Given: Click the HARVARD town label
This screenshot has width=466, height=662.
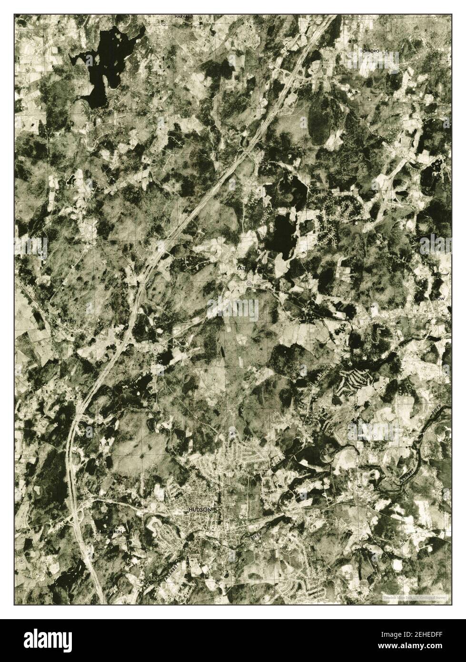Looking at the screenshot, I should pyautogui.click(x=183, y=16).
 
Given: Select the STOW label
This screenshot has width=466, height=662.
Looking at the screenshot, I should pyautogui.click(x=438, y=299).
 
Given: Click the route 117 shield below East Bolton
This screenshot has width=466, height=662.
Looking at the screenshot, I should pyautogui.click(x=248, y=283).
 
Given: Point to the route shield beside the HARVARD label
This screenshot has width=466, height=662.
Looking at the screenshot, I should pyautogui.click(x=163, y=22).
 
